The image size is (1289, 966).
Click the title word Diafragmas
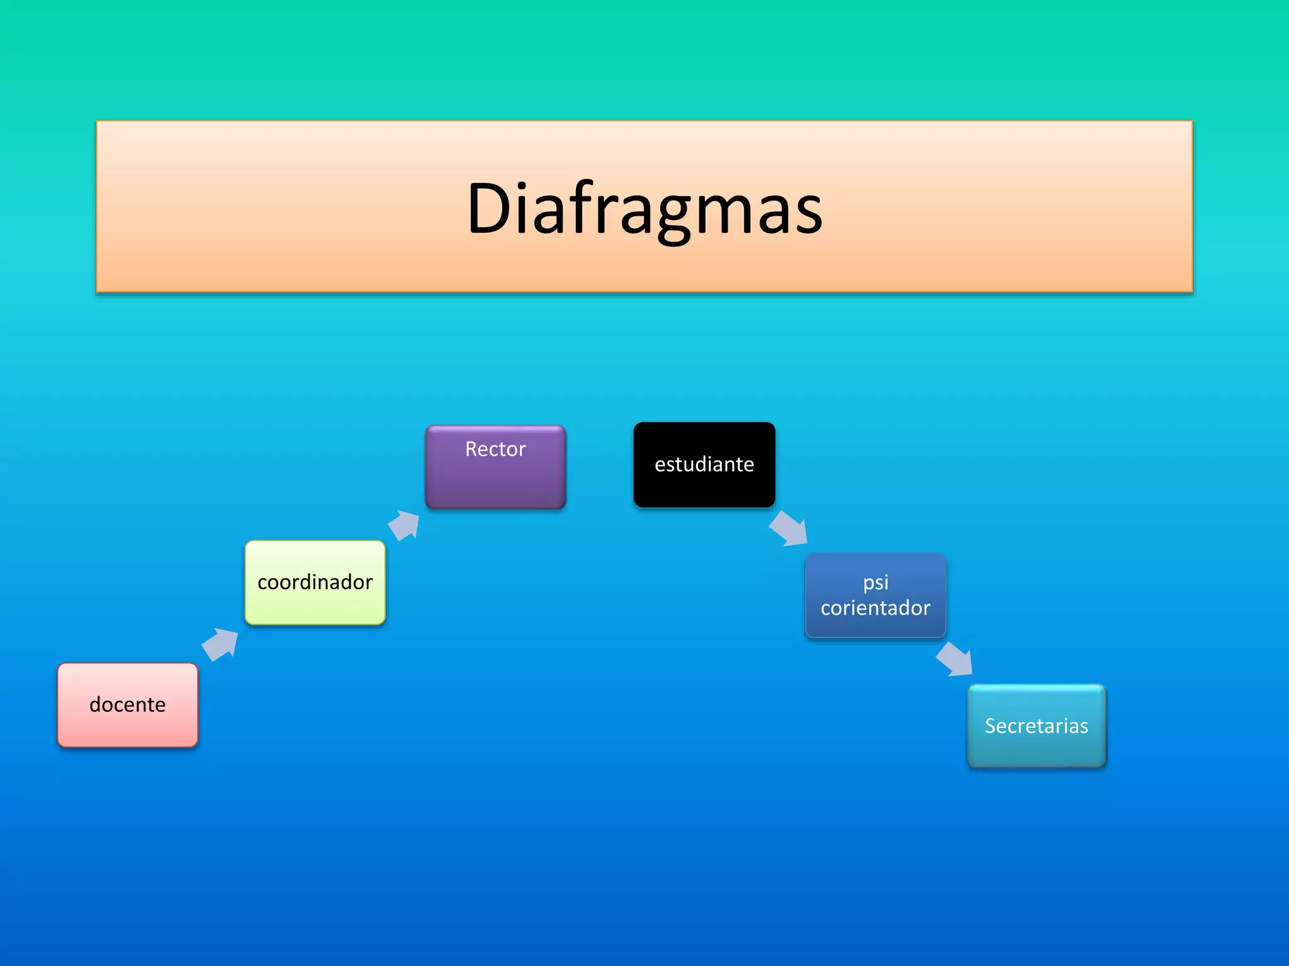[644, 208]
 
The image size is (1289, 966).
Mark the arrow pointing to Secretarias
[955, 659]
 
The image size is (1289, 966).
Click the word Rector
[495, 449]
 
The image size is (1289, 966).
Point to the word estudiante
[704, 464]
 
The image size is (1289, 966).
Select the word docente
[128, 704]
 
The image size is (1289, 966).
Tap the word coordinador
[315, 582]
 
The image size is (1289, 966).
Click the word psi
[875, 583]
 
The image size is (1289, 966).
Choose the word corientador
[875, 608]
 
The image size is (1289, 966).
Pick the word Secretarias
[1037, 726]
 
